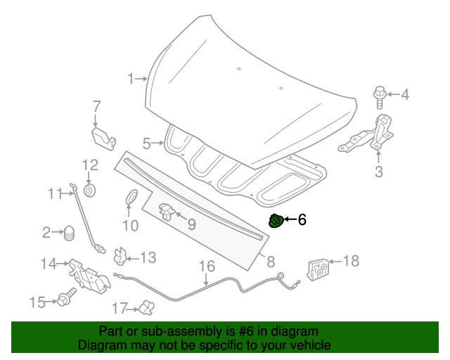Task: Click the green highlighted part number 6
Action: (x=276, y=221)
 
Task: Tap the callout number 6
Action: (x=302, y=221)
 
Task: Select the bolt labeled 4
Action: (x=379, y=94)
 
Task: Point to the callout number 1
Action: (x=131, y=79)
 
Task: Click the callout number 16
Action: (x=206, y=266)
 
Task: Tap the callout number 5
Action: (x=147, y=143)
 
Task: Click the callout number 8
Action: (x=270, y=262)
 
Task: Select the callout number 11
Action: (x=56, y=193)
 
